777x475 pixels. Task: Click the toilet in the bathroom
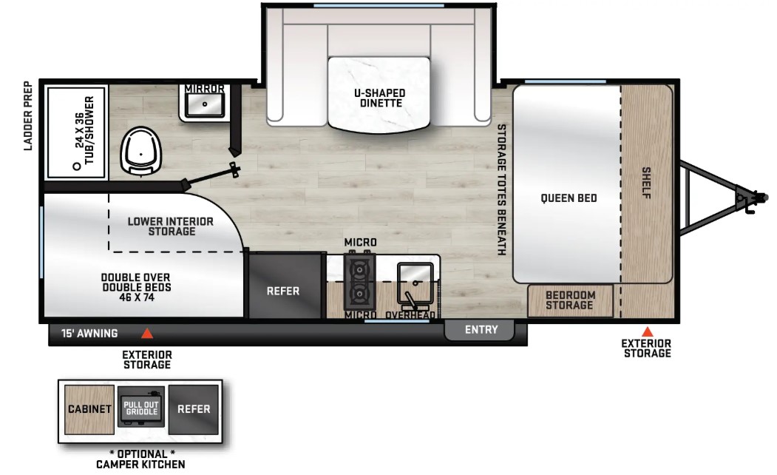coord(141,151)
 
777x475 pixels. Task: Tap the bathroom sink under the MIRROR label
coord(205,105)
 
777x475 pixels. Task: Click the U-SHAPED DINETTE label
coord(379,98)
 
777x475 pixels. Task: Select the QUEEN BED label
coord(569,198)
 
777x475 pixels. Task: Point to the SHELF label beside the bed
coord(646,183)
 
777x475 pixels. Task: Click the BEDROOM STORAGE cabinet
coord(570,300)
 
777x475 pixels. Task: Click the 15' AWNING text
coord(89,333)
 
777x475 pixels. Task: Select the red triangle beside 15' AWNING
coord(146,333)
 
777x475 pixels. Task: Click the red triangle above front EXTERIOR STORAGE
coord(647,331)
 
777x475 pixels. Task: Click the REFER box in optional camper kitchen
coord(193,409)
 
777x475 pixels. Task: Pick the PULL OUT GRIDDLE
coord(141,407)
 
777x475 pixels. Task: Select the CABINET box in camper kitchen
coord(89,409)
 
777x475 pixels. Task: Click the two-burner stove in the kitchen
coord(359,283)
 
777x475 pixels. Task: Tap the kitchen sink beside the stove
coord(415,283)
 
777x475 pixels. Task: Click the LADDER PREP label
coord(28,116)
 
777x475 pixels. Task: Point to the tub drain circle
coord(77,166)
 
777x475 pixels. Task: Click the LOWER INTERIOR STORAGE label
coord(171,226)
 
